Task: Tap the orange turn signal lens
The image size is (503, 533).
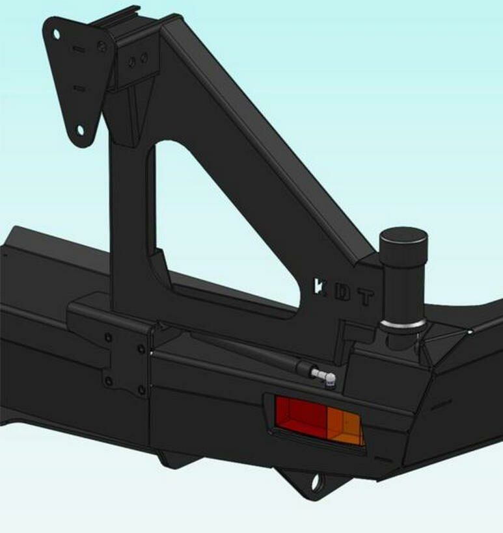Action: click(344, 426)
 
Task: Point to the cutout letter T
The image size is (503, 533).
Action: click(366, 298)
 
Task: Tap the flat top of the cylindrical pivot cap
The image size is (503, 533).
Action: click(403, 235)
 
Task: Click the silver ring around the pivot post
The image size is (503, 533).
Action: click(403, 324)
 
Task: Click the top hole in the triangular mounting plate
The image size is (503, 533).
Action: click(57, 34)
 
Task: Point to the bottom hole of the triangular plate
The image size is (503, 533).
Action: click(80, 130)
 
